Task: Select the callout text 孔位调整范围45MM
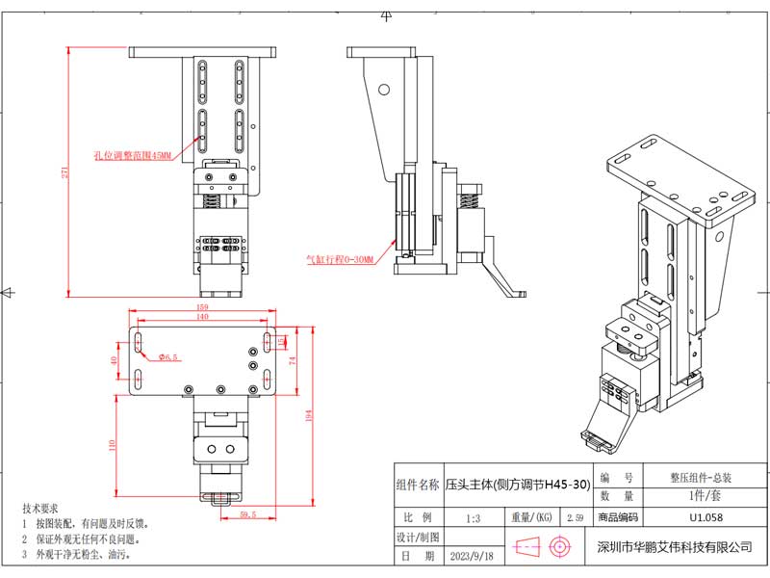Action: tap(132, 154)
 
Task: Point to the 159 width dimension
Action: tap(203, 307)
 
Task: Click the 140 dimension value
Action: tap(202, 317)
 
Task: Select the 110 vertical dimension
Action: tap(113, 444)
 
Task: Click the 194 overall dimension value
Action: tap(309, 414)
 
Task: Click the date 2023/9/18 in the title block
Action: tap(471, 557)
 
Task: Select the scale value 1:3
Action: tap(473, 518)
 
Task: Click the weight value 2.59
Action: tap(576, 518)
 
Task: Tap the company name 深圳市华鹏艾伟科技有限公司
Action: tap(674, 547)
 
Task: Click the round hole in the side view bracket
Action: tap(384, 90)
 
